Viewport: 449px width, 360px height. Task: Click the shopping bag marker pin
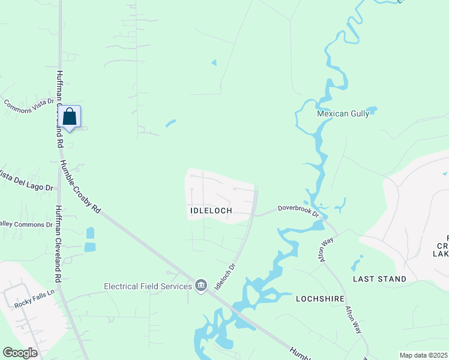pos(70,116)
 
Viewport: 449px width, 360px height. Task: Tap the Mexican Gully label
pos(341,113)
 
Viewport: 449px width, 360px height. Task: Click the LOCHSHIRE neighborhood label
pos(319,298)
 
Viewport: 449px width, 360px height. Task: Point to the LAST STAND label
pos(379,279)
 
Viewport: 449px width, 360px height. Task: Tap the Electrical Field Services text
pos(148,286)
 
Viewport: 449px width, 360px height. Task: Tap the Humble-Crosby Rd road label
pos(80,188)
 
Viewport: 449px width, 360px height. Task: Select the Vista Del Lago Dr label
pos(25,180)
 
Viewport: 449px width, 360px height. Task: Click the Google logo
pos(20,353)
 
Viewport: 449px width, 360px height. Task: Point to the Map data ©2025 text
pos(423,355)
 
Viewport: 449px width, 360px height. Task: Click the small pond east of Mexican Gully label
pos(372,110)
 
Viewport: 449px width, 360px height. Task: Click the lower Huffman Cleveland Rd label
pos(58,244)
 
